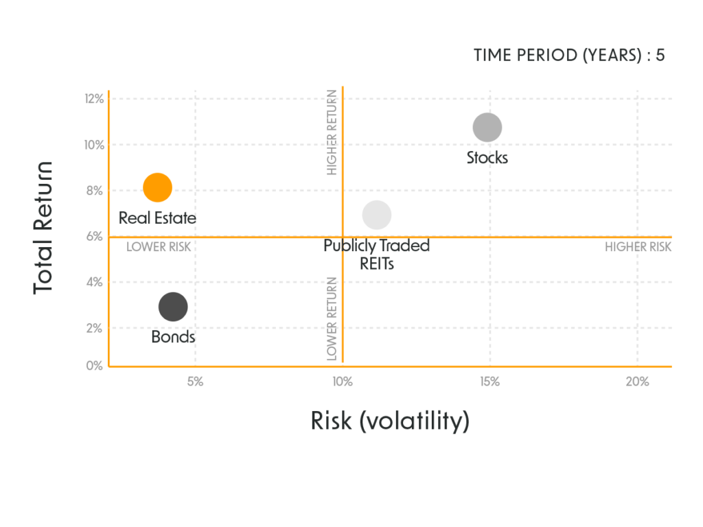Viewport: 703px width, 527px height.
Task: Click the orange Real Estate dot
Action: pyautogui.click(x=157, y=187)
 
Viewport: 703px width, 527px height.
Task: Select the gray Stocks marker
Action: pyautogui.click(x=487, y=128)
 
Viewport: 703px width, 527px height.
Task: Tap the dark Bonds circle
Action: pyautogui.click(x=173, y=307)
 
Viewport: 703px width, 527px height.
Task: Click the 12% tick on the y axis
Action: pyautogui.click(x=95, y=99)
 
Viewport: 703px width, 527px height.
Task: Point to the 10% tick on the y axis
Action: pyautogui.click(x=95, y=145)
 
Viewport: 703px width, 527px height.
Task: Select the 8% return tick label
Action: pyautogui.click(x=95, y=190)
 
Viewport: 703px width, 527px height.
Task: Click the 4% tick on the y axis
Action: pyautogui.click(x=95, y=282)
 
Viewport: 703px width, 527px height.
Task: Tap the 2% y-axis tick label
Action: pyautogui.click(x=95, y=328)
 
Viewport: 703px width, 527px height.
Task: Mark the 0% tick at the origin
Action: pyautogui.click(x=95, y=366)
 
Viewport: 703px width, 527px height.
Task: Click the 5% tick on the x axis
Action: pyautogui.click(x=195, y=382)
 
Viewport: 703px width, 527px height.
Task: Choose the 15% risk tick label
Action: pyautogui.click(x=489, y=382)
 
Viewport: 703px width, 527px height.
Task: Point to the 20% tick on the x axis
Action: pyautogui.click(x=637, y=382)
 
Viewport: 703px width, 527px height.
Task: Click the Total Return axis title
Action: pyautogui.click(x=44, y=228)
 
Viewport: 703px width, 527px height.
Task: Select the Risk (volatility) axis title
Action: pyautogui.click(x=390, y=420)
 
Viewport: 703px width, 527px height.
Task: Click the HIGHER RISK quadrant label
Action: pyautogui.click(x=638, y=248)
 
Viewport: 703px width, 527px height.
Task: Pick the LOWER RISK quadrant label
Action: pyautogui.click(x=159, y=248)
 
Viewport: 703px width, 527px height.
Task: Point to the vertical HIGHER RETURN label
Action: pyautogui.click(x=332, y=132)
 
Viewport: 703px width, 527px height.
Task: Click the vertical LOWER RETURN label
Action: pyautogui.click(x=332, y=319)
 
